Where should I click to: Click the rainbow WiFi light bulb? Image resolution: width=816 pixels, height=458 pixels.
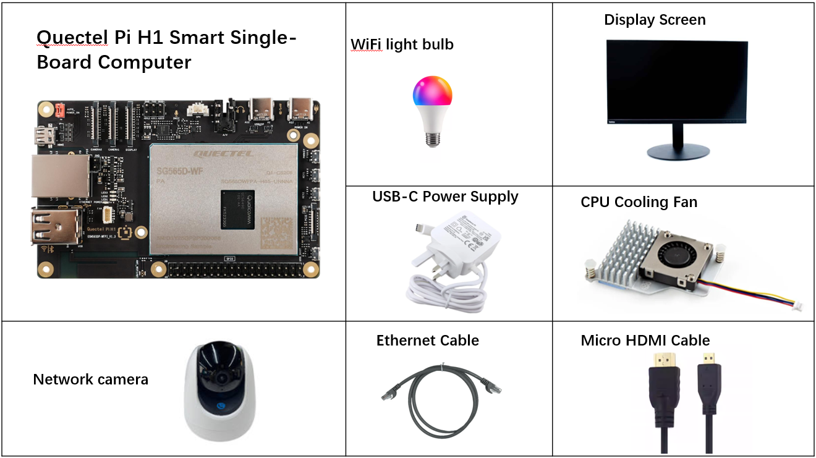[432, 99]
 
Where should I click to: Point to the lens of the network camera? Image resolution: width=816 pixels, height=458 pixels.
[219, 378]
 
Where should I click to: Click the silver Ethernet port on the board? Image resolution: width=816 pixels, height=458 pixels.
[60, 176]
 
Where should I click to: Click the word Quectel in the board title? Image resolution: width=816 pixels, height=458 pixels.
[74, 38]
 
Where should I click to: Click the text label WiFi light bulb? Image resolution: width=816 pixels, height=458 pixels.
[402, 45]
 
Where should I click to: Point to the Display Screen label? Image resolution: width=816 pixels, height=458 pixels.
[654, 20]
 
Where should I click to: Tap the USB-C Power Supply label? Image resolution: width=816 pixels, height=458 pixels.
[445, 197]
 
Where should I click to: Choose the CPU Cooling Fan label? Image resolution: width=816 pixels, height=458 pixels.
[639, 202]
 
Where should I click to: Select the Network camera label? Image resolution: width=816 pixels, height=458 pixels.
[90, 379]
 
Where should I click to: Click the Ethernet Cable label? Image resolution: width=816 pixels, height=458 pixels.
[427, 341]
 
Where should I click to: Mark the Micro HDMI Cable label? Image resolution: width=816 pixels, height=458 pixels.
[645, 341]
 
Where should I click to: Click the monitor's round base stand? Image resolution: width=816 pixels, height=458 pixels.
[678, 152]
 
